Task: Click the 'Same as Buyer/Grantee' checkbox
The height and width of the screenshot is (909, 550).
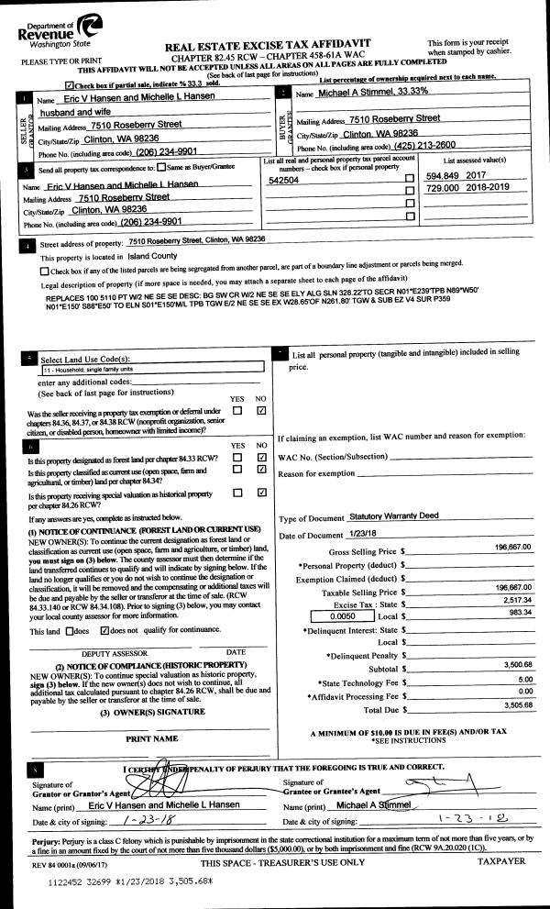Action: click(x=161, y=168)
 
